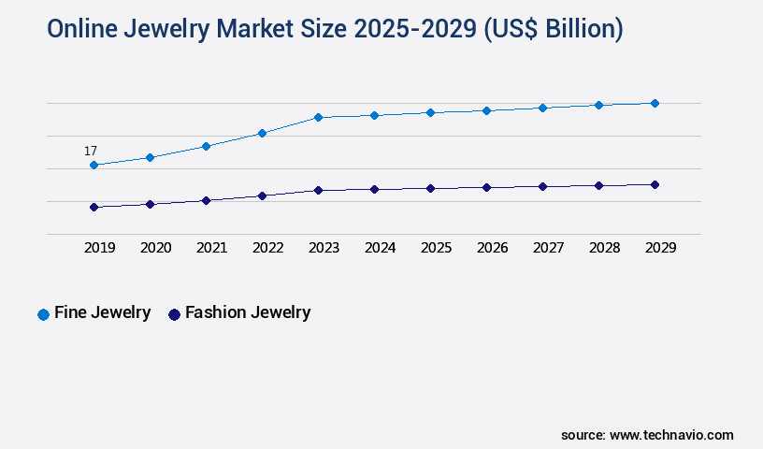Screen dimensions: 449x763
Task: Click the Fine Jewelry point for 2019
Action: (94, 165)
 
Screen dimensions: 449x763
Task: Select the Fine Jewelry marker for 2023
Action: (318, 117)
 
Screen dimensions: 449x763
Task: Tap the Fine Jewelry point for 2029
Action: (655, 103)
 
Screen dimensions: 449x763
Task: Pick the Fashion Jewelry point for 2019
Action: (94, 207)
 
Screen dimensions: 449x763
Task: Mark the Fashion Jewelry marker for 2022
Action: (262, 196)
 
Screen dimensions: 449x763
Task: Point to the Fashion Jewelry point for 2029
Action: (655, 184)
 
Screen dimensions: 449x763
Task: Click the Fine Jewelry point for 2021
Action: (206, 146)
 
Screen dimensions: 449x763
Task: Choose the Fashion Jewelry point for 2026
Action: (486, 187)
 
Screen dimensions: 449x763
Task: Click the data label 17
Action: (91, 151)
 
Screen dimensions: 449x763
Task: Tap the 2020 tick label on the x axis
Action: (155, 248)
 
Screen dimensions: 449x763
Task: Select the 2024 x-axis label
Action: (380, 248)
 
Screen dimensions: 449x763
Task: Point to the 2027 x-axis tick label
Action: (548, 248)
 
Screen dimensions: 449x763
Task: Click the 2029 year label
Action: (660, 248)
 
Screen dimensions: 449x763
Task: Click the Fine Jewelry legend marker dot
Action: (43, 314)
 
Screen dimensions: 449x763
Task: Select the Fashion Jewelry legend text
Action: (248, 312)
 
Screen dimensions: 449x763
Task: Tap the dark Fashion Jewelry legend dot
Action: (174, 314)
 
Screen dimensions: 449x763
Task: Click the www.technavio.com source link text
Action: (672, 435)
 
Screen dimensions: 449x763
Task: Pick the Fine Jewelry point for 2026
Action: (486, 110)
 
